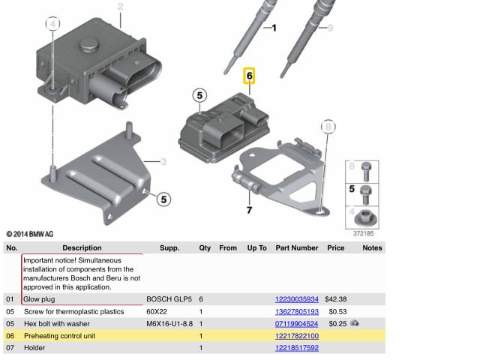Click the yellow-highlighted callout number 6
249,76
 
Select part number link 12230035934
297,299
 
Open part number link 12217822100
297,336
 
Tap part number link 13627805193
297,312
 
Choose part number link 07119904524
297,323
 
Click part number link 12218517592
297,348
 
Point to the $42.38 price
336,299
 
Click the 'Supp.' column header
169,248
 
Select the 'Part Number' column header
297,247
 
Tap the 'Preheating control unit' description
60,336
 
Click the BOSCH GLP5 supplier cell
169,299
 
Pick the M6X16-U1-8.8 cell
169,323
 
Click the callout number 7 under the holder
250,210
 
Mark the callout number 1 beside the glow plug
274,28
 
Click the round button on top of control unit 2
89,45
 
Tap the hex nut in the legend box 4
365,218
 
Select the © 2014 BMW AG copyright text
30,234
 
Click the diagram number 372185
363,233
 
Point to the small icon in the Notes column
355,323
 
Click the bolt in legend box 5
366,195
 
